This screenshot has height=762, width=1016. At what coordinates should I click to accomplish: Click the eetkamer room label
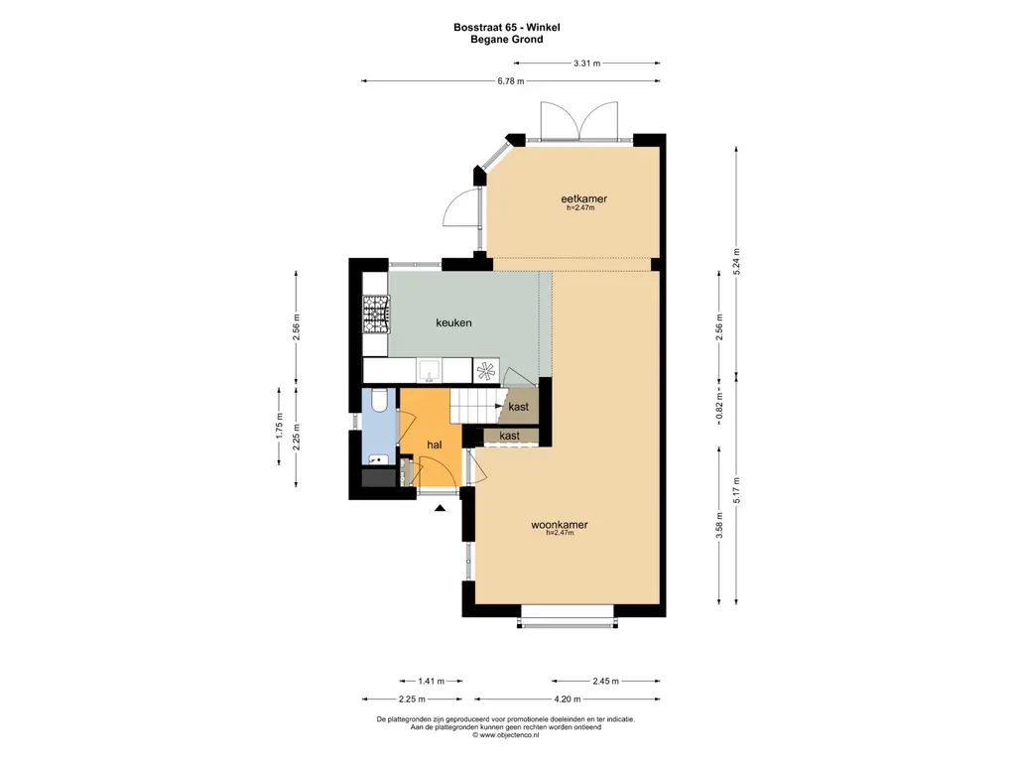click(583, 198)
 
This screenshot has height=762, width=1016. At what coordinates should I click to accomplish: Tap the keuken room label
click(453, 322)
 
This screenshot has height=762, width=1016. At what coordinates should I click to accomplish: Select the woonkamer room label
click(560, 525)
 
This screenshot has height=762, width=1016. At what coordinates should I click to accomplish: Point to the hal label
click(435, 444)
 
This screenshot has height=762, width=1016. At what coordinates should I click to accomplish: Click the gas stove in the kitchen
click(376, 315)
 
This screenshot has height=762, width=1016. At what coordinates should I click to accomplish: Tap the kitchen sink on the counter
click(429, 371)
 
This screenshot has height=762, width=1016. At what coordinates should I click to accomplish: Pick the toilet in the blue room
click(380, 401)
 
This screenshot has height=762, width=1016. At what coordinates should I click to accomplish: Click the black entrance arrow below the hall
click(440, 508)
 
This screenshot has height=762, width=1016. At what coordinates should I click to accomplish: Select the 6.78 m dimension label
click(511, 81)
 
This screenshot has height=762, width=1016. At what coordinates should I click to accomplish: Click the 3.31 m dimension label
click(587, 63)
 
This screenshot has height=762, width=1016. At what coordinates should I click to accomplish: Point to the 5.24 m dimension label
click(736, 262)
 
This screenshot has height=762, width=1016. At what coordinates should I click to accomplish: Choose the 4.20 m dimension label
click(568, 699)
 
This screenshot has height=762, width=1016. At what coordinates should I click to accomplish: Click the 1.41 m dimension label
click(431, 681)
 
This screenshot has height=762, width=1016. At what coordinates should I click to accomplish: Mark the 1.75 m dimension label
click(279, 426)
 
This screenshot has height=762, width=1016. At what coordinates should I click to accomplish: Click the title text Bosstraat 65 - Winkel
click(507, 27)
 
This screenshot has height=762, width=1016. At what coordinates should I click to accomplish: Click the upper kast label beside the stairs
click(518, 407)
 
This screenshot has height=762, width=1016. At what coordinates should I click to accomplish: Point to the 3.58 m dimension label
click(719, 526)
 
